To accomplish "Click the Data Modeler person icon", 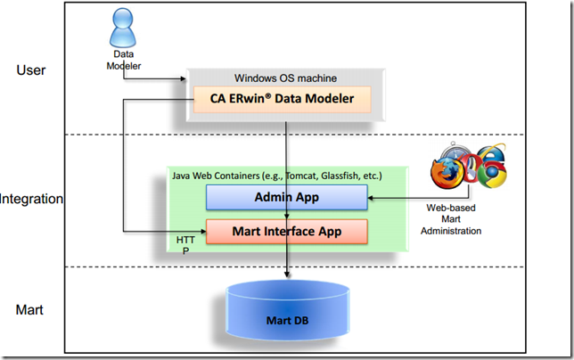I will (x=122, y=32).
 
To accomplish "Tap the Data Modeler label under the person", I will (x=122, y=61).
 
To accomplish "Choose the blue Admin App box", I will (x=286, y=197).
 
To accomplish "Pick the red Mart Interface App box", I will (x=286, y=231).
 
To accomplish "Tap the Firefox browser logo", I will (x=446, y=173).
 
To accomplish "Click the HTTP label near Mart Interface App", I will (x=184, y=246).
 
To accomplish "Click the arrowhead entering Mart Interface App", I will (x=201, y=232).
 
